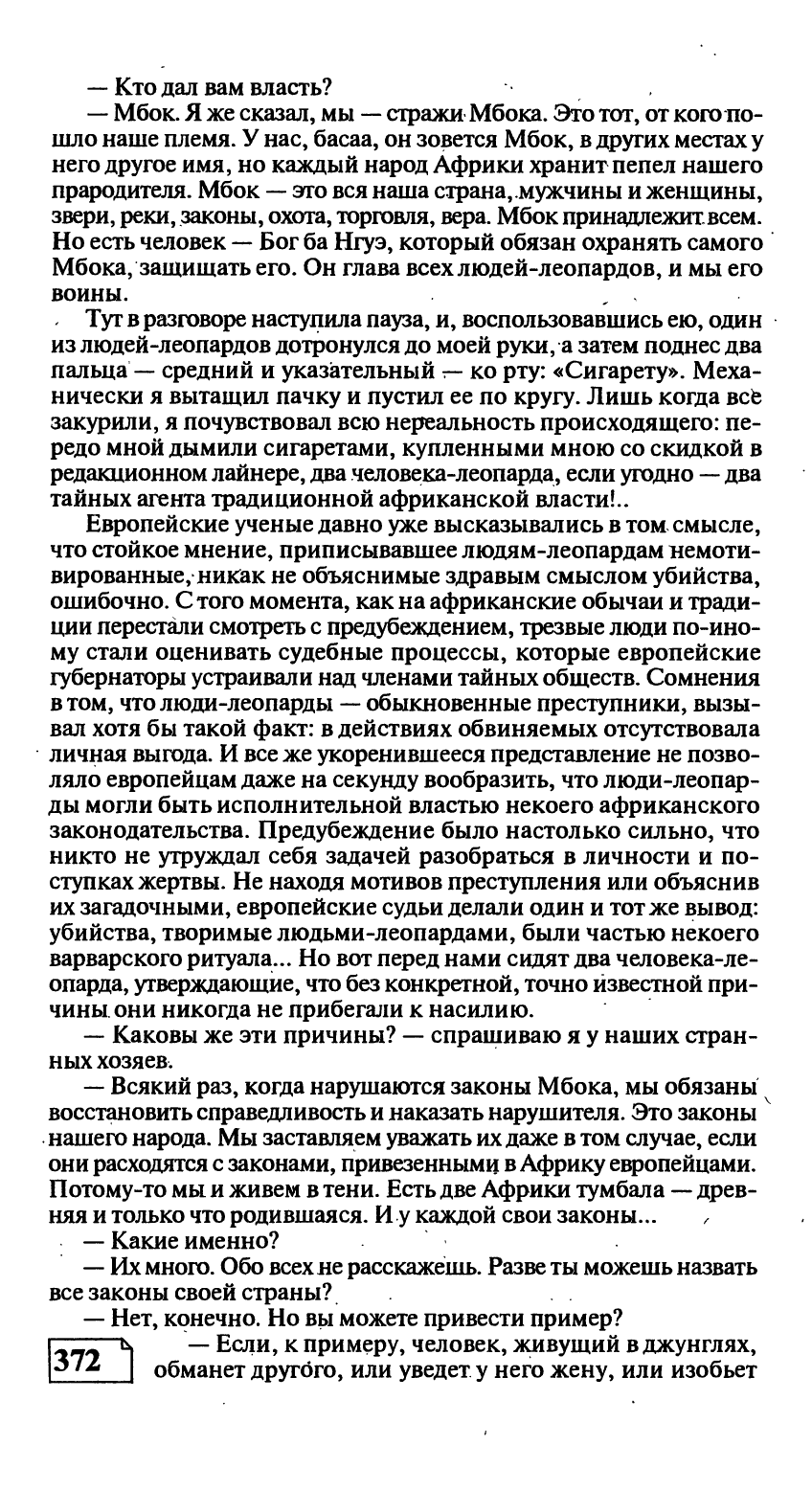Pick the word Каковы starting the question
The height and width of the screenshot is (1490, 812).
click(153, 1038)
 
